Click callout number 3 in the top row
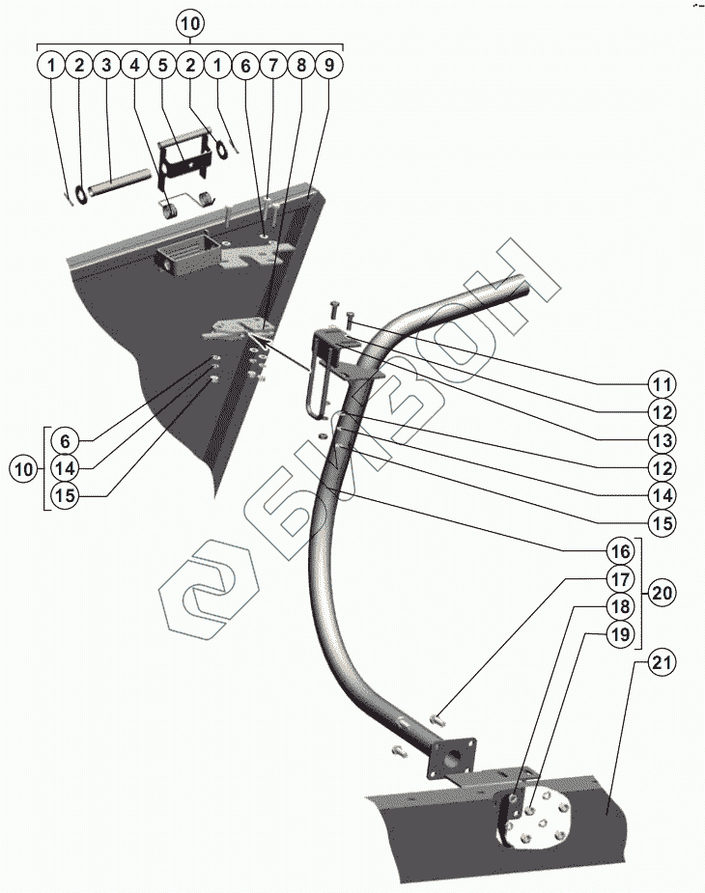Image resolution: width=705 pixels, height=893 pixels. point(107,66)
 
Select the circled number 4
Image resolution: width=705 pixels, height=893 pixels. point(135,66)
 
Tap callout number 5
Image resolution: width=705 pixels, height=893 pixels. point(163,66)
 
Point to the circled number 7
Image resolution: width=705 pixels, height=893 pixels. point(273,66)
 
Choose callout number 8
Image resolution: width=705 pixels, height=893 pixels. point(301,66)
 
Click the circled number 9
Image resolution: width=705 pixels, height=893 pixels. point(329,66)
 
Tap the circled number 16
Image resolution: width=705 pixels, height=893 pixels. point(619,551)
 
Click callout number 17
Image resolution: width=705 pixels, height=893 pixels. point(619,579)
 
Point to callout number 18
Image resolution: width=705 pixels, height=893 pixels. point(619,607)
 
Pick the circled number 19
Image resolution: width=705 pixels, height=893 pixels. point(619,635)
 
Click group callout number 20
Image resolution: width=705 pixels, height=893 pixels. point(662,592)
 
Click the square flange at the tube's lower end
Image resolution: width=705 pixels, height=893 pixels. point(453,759)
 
